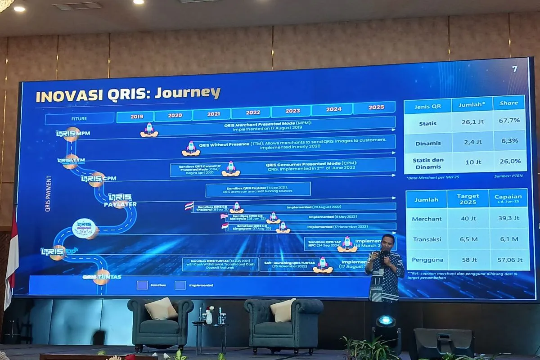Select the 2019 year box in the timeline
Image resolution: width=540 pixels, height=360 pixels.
pyautogui.click(x=136, y=117)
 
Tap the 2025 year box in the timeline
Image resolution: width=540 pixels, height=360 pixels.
pyautogui.click(x=376, y=108)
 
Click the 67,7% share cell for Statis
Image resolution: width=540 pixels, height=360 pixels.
pyautogui.click(x=509, y=120)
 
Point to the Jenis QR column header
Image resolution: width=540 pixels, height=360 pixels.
pyautogui.click(x=427, y=106)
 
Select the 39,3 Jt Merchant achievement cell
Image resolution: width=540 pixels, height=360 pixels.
pyautogui.click(x=509, y=218)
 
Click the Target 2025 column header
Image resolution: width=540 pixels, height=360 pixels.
pyautogui.click(x=468, y=199)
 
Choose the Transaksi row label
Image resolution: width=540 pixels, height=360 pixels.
pyautogui.click(x=425, y=239)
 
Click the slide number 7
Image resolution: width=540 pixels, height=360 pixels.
pyautogui.click(x=515, y=69)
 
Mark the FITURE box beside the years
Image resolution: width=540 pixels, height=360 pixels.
pyautogui.click(x=79, y=119)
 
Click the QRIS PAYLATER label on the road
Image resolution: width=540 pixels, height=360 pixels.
pyautogui.click(x=120, y=200)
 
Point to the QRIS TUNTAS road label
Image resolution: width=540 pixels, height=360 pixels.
pyautogui.click(x=102, y=277)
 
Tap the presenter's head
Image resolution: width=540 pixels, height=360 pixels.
pyautogui.click(x=387, y=242)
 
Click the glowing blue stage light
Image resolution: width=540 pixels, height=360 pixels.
pyautogui.click(x=386, y=321)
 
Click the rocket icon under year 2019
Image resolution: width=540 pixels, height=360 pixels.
pyautogui.click(x=149, y=130)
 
